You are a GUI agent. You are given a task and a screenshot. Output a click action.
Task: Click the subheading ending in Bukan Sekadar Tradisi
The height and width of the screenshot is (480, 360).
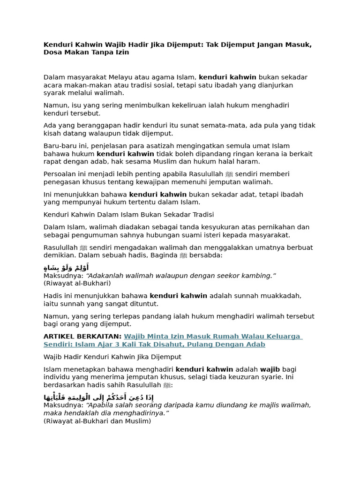point(128,215)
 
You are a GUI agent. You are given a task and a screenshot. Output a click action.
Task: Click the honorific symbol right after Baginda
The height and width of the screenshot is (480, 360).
point(184,255)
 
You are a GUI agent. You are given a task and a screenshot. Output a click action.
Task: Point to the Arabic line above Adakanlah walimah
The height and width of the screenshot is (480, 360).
point(66,268)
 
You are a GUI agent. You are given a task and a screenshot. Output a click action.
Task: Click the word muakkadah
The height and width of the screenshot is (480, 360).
point(278,296)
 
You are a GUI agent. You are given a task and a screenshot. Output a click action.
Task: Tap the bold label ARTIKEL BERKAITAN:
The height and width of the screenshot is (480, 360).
point(82,337)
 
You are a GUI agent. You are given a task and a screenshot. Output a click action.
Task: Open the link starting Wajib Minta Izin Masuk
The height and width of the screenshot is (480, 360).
point(213,337)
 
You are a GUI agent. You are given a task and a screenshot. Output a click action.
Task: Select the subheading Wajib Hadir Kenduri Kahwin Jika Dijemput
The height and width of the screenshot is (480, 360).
point(112,357)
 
